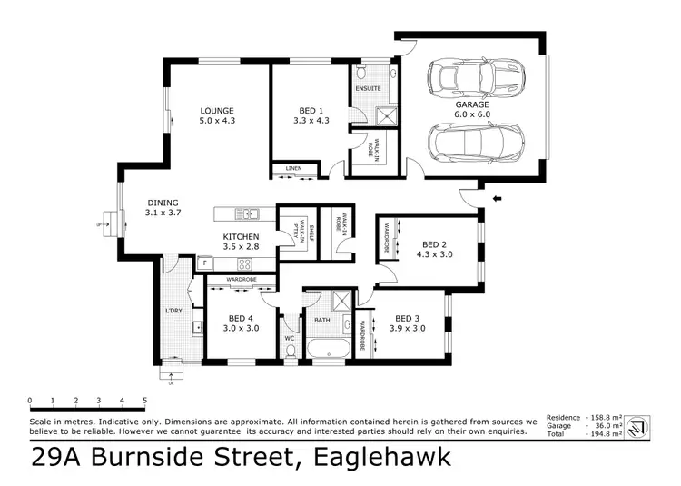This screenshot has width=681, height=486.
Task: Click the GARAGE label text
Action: (x=472, y=104)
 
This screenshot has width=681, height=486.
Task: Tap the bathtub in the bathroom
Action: (x=326, y=349)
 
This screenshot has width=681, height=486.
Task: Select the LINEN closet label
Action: (x=292, y=169)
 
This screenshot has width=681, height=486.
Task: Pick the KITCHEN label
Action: (x=241, y=237)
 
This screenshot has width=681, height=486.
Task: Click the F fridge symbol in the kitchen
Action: (x=206, y=263)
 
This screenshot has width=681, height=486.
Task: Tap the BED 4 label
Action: (x=241, y=317)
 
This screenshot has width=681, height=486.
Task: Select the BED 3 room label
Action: (x=410, y=317)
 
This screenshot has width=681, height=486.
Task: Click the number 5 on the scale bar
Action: (x=144, y=400)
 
